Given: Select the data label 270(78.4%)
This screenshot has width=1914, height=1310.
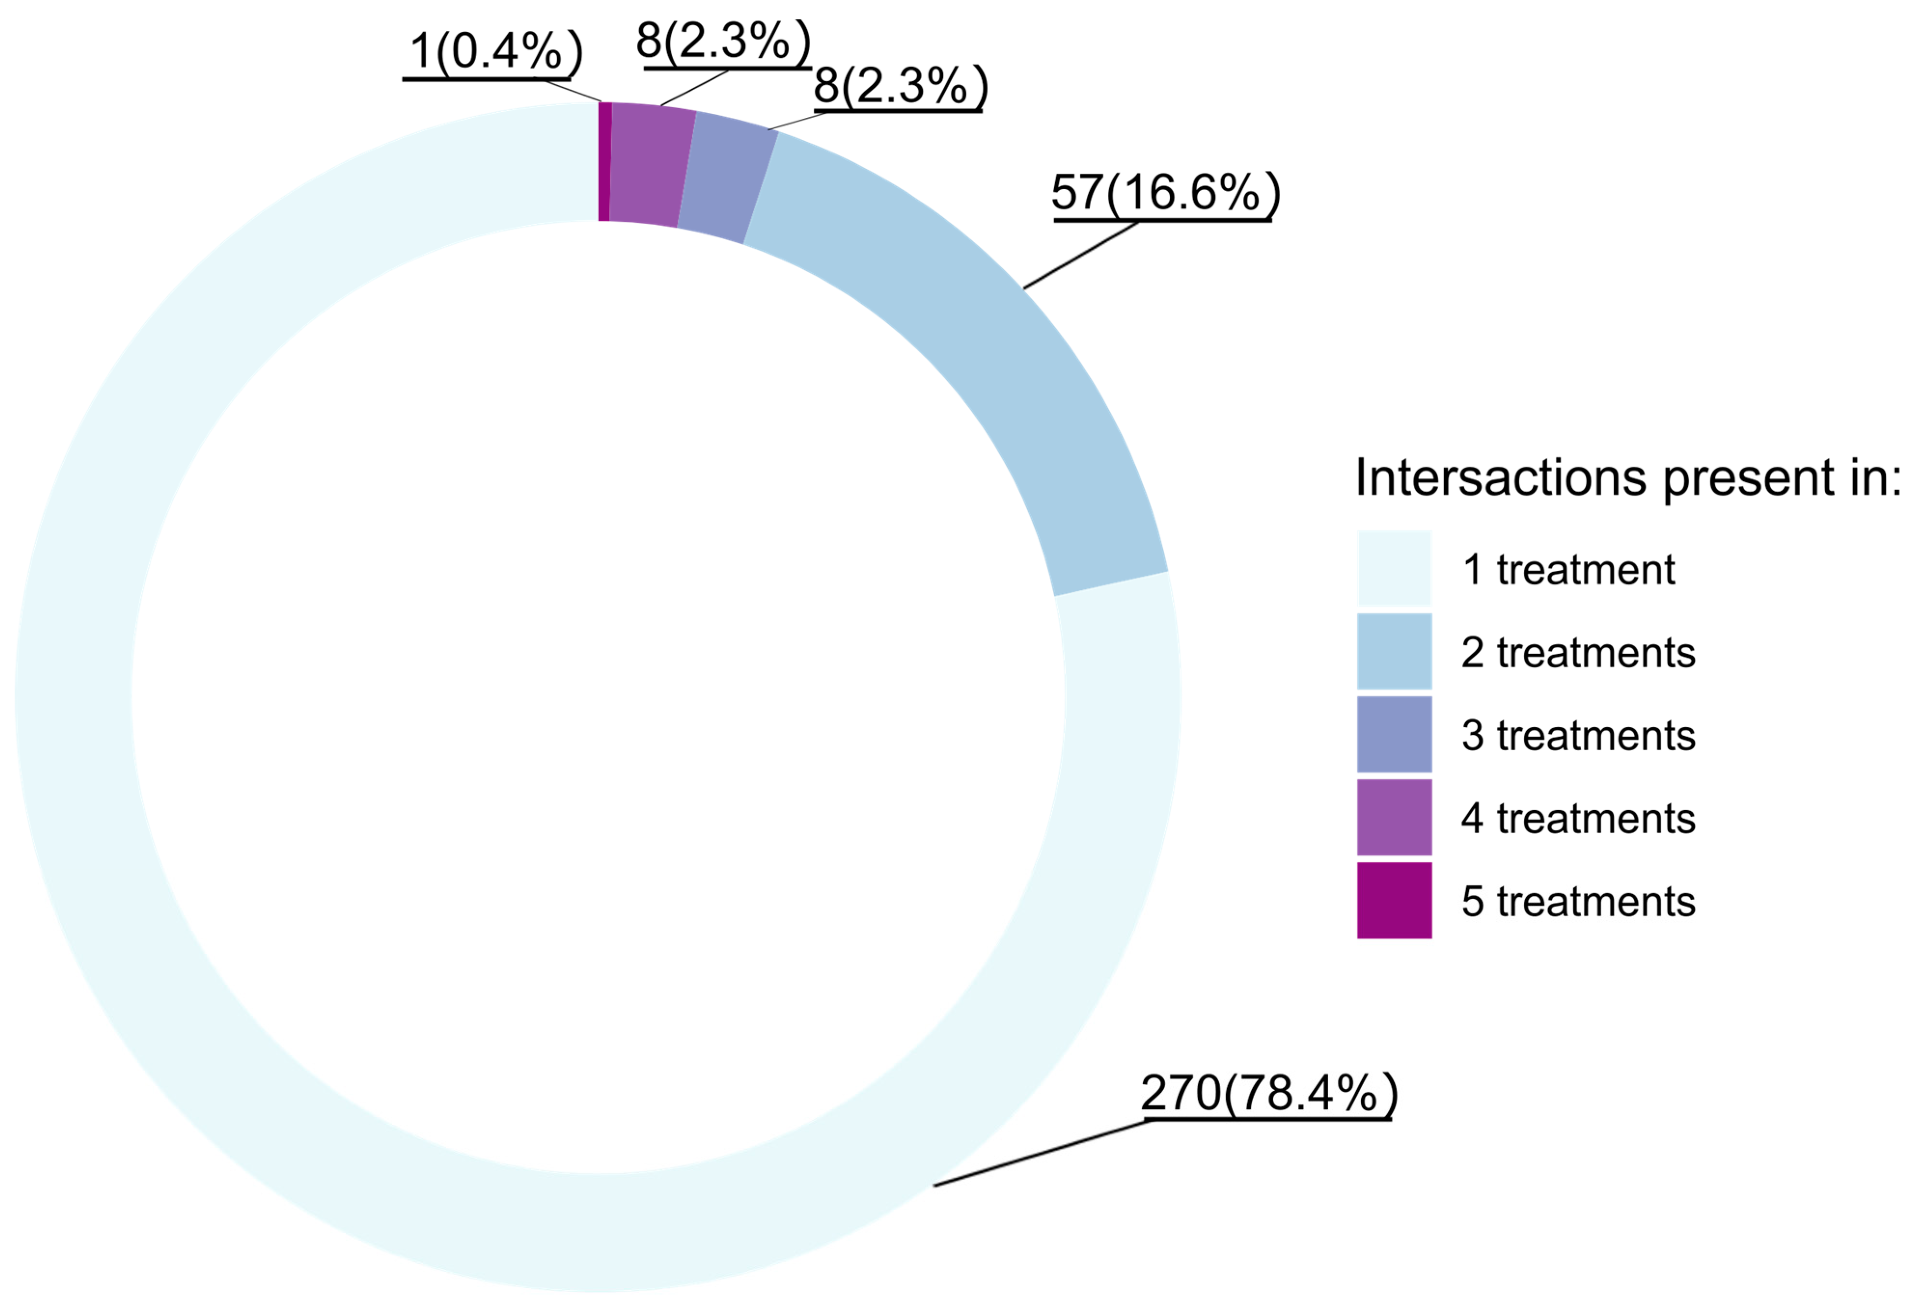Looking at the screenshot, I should click(x=1268, y=1092).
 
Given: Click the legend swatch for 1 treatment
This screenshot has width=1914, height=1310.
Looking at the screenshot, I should click(x=1394, y=568).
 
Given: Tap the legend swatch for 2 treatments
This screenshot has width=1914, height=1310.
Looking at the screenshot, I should click(x=1394, y=651).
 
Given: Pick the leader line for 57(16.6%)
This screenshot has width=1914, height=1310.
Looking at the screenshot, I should click(x=1081, y=255).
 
